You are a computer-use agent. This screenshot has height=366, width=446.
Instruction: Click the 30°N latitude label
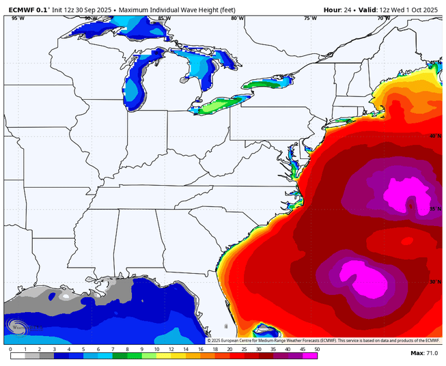pos(435,281)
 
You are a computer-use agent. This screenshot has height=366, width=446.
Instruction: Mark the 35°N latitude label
pos(435,210)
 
